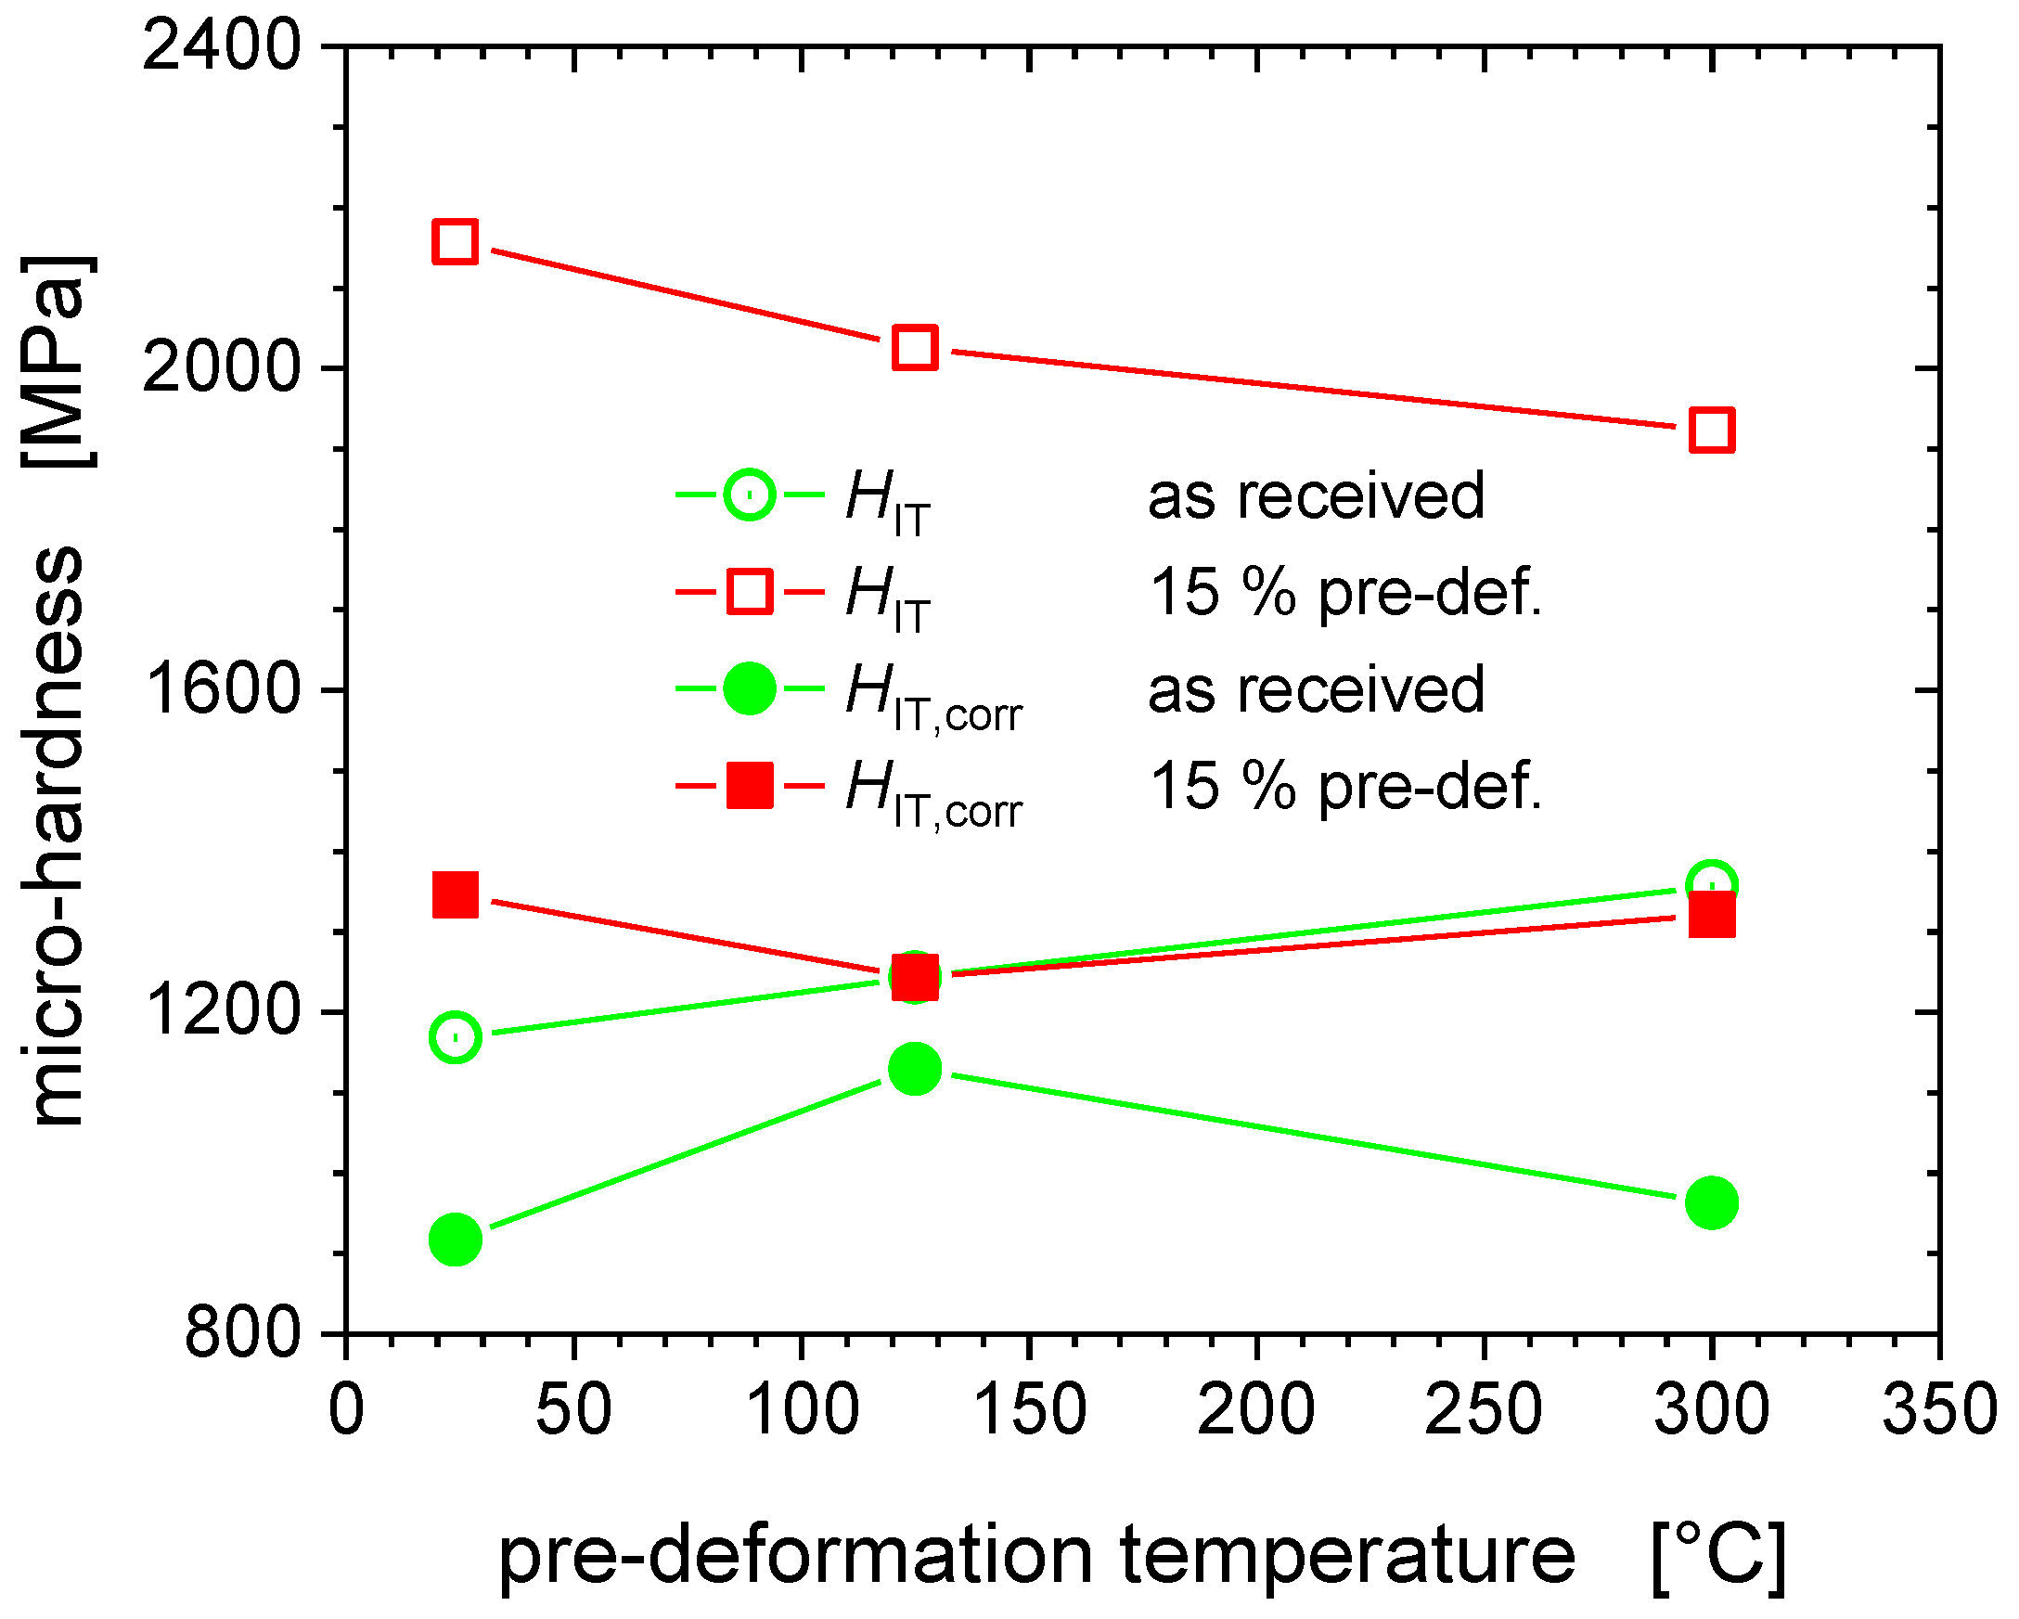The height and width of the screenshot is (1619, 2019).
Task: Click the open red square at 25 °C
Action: pyautogui.click(x=456, y=241)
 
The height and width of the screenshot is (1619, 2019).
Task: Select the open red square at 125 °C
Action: pyautogui.click(x=915, y=347)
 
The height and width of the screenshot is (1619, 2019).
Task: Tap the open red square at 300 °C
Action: pyautogui.click(x=1712, y=430)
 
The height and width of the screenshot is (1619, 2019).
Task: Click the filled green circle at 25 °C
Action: pyautogui.click(x=456, y=1240)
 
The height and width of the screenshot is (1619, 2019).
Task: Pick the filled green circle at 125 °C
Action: pyautogui.click(x=915, y=1069)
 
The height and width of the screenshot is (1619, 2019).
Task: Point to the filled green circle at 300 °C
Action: pyautogui.click(x=1712, y=1202)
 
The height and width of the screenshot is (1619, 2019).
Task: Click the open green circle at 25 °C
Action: pyautogui.click(x=456, y=1036)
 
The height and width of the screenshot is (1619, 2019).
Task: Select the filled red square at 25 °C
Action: pyautogui.click(x=456, y=894)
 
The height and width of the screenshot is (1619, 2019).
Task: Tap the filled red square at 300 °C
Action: pyautogui.click(x=1712, y=915)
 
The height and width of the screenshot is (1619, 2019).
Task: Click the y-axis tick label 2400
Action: pyautogui.click(x=221, y=45)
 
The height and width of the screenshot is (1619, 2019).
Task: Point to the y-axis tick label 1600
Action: pyautogui.click(x=221, y=689)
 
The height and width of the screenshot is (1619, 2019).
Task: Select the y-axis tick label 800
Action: pyautogui.click(x=241, y=1333)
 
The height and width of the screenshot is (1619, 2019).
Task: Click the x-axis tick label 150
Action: pyautogui.click(x=1029, y=1409)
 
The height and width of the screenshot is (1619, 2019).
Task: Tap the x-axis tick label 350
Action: pyautogui.click(x=1938, y=1409)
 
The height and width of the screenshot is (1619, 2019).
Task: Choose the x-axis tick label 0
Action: pyautogui.click(x=346, y=1409)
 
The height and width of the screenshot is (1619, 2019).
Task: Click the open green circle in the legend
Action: pyautogui.click(x=749, y=495)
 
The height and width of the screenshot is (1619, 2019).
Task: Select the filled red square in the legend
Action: pyautogui.click(x=749, y=785)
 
